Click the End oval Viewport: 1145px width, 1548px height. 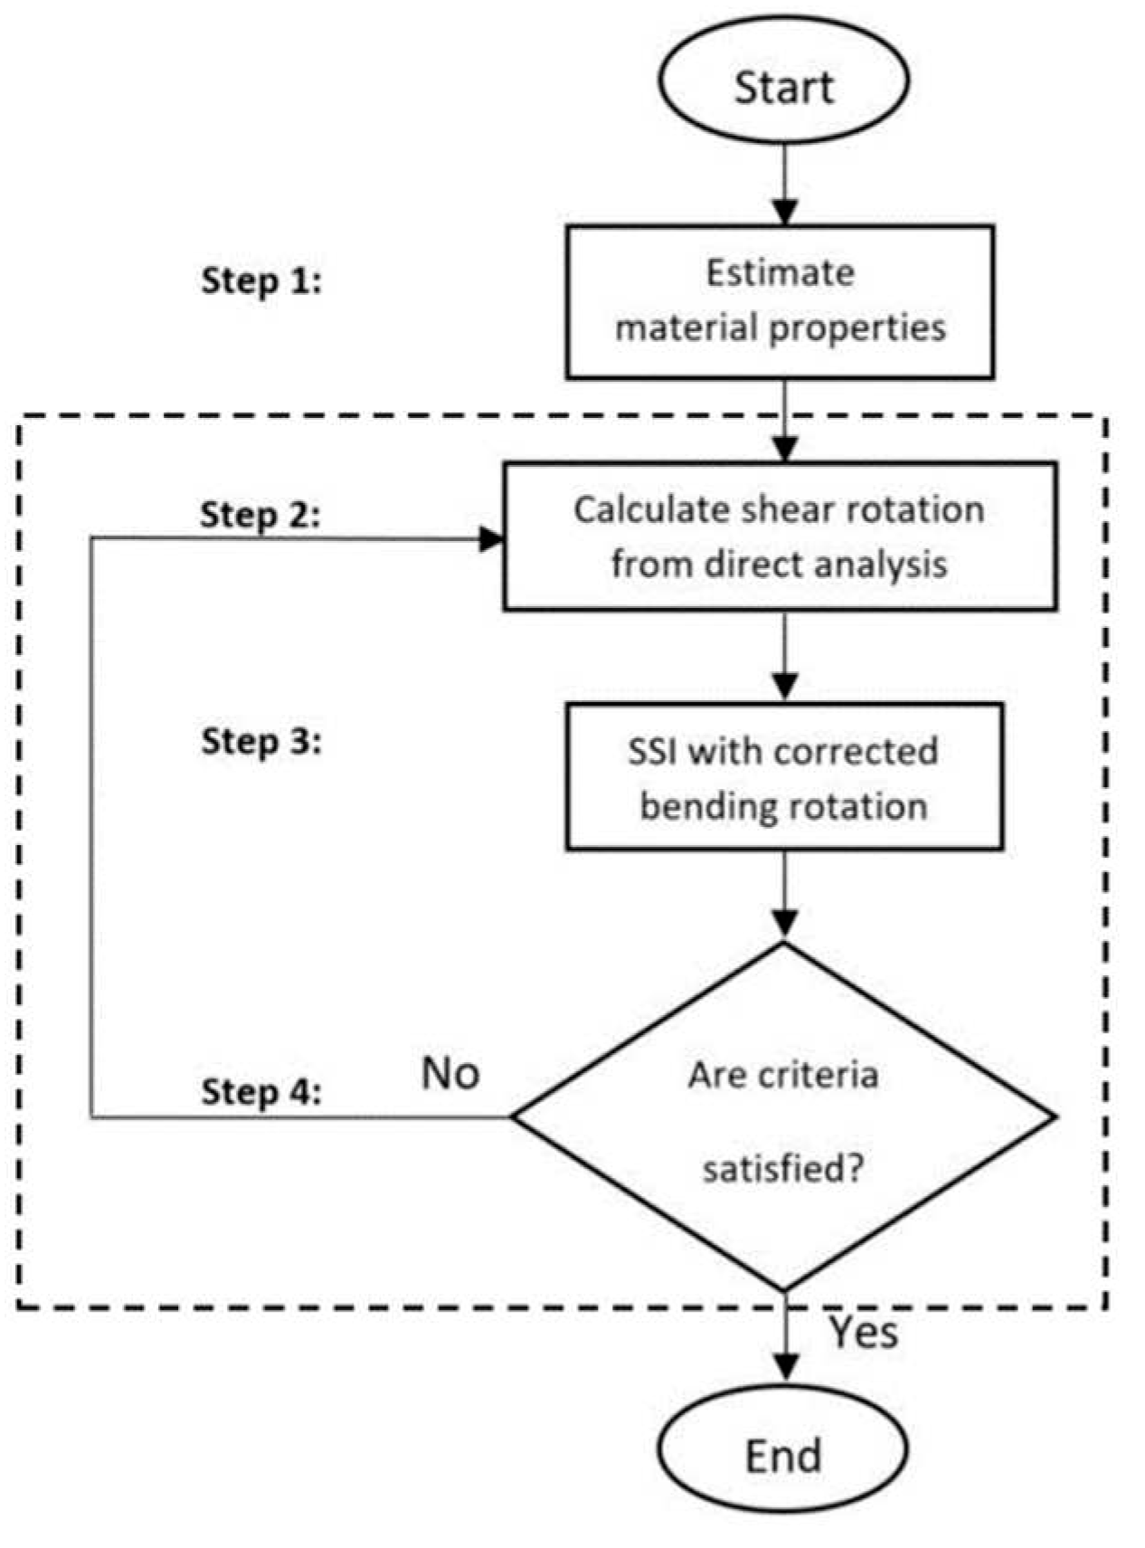tap(783, 1456)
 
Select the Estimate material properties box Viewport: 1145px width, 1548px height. tap(780, 301)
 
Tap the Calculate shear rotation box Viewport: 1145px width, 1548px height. tap(780, 537)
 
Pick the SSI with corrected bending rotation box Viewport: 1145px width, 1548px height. tap(784, 777)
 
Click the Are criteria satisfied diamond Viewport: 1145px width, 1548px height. tap(783, 1118)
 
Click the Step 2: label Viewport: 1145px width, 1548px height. tap(260, 515)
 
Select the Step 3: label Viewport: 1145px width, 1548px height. tap(261, 741)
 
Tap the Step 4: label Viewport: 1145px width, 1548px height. tap(261, 1091)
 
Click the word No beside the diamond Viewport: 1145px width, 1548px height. tap(450, 1074)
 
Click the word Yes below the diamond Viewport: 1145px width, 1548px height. tap(865, 1333)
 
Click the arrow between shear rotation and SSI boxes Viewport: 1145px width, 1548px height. tap(784, 657)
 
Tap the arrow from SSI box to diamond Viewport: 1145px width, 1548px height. tap(784, 896)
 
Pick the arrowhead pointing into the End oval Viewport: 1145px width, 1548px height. tap(784, 1367)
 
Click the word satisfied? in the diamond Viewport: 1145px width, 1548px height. tap(783, 1169)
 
